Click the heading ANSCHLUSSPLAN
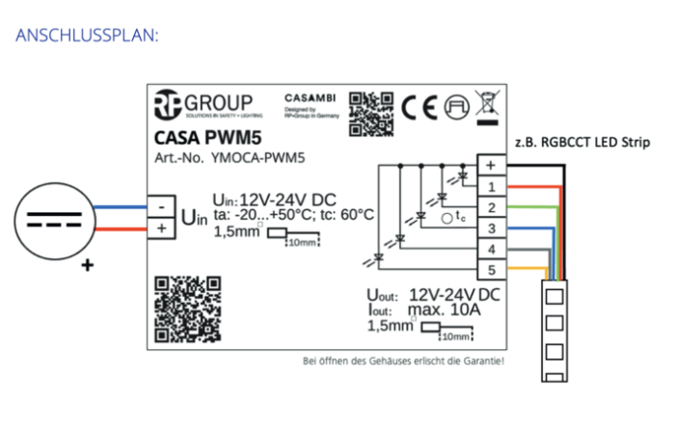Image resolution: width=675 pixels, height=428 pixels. tap(87, 36)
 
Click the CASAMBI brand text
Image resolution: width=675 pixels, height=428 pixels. tap(309, 97)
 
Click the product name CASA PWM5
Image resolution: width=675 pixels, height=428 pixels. tap(203, 137)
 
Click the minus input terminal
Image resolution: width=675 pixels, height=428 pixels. tap(159, 205)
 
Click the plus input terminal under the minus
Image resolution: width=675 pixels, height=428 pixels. tap(159, 228)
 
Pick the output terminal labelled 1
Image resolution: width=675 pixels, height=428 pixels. tap(491, 186)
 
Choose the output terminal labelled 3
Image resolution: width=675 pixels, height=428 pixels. tap(491, 228)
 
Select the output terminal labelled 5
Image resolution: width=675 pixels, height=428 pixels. tap(491, 270)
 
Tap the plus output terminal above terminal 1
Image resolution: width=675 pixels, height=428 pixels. tap(491, 165)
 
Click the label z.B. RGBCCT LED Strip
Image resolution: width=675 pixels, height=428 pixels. tap(580, 143)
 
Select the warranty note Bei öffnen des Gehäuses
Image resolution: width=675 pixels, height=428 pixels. tap(403, 361)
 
